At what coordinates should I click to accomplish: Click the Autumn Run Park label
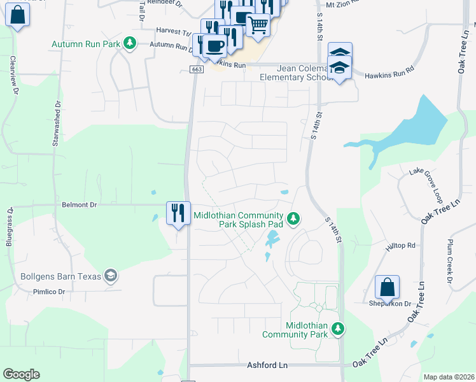click(x=87, y=44)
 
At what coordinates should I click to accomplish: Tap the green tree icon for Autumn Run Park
click(x=130, y=43)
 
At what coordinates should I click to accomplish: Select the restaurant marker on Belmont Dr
click(x=177, y=213)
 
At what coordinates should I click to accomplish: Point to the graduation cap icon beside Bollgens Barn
click(x=111, y=276)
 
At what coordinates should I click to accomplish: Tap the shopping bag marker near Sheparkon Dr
click(x=387, y=288)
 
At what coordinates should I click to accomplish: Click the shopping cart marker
click(x=258, y=25)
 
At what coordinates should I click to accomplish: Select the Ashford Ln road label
click(x=267, y=365)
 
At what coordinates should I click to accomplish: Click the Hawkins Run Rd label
click(x=389, y=74)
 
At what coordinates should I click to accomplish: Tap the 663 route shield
click(x=196, y=69)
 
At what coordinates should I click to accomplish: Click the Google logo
click(x=21, y=374)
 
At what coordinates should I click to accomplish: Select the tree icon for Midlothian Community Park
click(x=339, y=329)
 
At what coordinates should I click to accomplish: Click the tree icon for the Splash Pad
click(x=293, y=219)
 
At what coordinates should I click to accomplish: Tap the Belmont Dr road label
click(x=80, y=205)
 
